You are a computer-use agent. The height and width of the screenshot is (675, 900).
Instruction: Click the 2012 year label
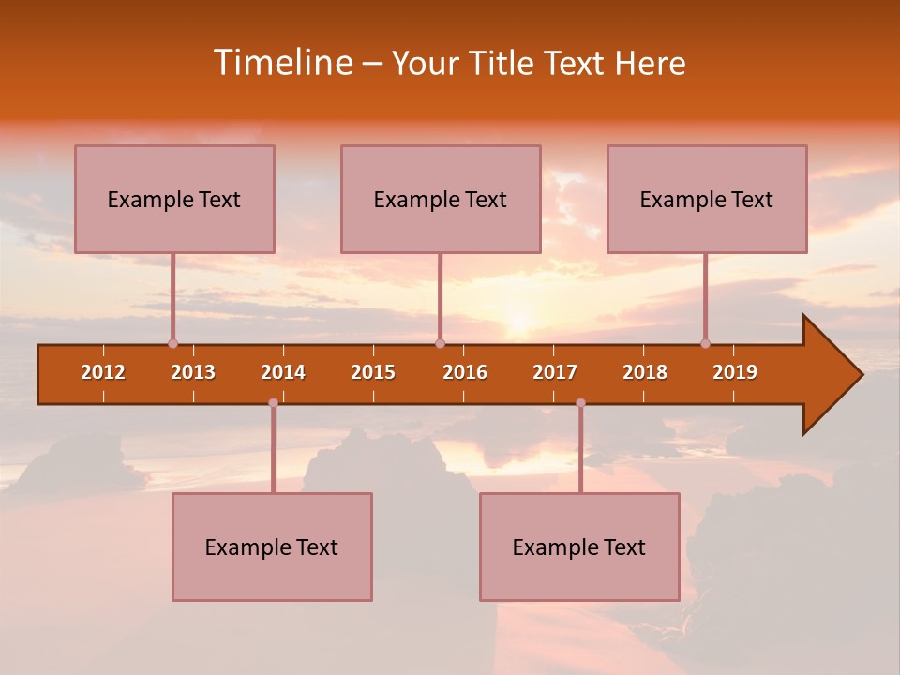point(103,372)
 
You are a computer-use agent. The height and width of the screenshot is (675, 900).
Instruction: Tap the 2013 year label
point(193,372)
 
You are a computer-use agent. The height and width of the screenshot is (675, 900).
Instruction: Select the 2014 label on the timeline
point(283,372)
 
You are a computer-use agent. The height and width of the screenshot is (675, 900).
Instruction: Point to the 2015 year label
point(373,372)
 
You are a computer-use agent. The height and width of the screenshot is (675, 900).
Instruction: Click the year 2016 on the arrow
point(465,372)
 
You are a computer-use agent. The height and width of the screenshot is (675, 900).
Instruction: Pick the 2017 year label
point(555,372)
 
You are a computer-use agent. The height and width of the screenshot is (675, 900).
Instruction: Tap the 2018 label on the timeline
point(645,372)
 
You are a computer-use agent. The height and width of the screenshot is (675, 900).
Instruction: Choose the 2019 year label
point(735,372)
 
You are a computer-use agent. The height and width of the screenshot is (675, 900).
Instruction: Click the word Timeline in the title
point(281,63)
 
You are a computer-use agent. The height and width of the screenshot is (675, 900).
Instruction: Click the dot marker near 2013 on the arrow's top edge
point(172,343)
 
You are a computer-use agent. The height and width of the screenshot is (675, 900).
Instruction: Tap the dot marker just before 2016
point(440,343)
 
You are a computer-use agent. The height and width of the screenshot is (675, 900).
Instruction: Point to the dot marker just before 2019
point(705,343)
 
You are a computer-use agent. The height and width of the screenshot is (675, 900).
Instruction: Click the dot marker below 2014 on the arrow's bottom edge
point(273,403)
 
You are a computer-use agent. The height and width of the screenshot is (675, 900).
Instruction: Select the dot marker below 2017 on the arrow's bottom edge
point(580,403)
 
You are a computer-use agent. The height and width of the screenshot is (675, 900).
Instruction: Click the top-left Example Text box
point(174,199)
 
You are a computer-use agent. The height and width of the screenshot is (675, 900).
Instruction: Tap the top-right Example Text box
point(707,199)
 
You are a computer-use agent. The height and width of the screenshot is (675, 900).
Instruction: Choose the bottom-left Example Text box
point(272,547)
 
